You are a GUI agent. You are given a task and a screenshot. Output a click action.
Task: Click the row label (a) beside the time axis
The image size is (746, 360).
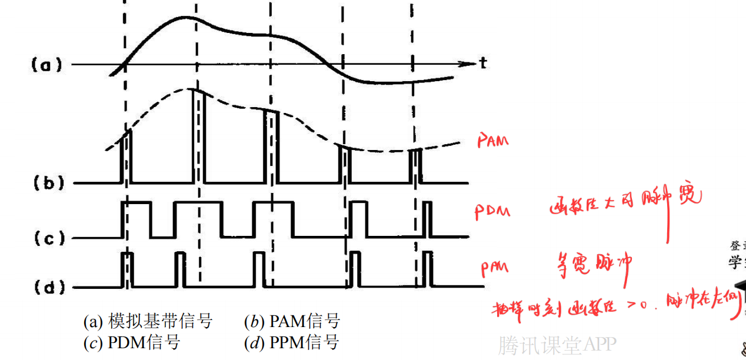click(x=46, y=64)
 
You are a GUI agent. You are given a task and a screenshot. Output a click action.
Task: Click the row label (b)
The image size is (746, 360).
click(x=46, y=183)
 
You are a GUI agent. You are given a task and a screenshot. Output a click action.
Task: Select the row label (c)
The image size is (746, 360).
click(x=46, y=238)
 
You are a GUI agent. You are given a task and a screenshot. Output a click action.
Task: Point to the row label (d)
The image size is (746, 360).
click(x=46, y=288)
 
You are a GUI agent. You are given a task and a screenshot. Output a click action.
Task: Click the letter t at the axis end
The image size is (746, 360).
click(x=483, y=64)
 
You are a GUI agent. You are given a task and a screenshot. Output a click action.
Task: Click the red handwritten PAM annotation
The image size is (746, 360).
click(x=492, y=141)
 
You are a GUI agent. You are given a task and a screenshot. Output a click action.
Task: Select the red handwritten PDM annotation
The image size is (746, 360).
click(x=492, y=212)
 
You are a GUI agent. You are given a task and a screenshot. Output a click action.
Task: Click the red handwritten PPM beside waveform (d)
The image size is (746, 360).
click(x=494, y=269)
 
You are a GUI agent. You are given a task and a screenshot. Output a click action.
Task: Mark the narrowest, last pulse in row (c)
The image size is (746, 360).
click(x=427, y=219)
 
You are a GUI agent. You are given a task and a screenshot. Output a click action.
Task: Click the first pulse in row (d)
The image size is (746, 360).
click(x=127, y=270)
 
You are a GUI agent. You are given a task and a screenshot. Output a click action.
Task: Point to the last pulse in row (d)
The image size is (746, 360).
click(x=427, y=269)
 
